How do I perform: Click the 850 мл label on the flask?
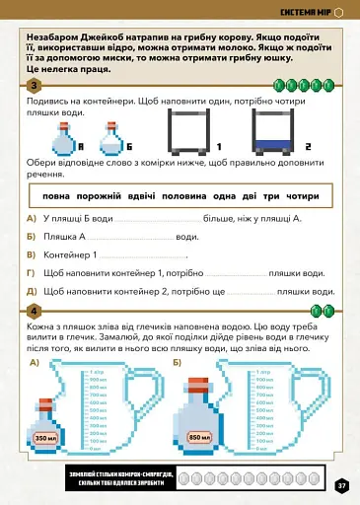point(200,438)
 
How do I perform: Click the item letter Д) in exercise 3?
point(33,291)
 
